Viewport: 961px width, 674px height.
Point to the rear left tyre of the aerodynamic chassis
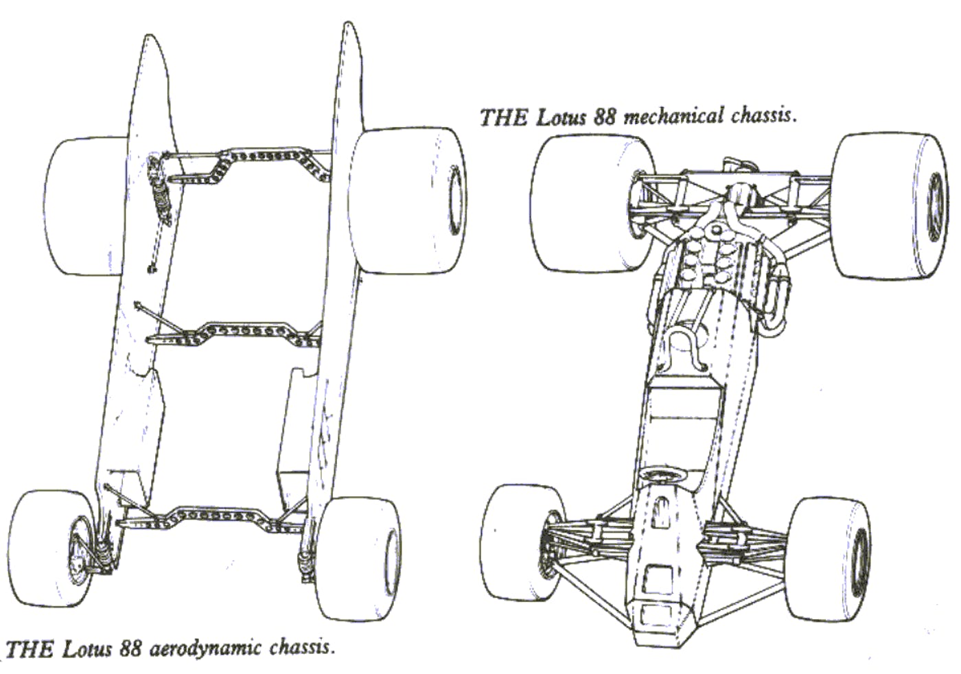click(82, 206)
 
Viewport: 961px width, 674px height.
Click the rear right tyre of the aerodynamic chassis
click(405, 199)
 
